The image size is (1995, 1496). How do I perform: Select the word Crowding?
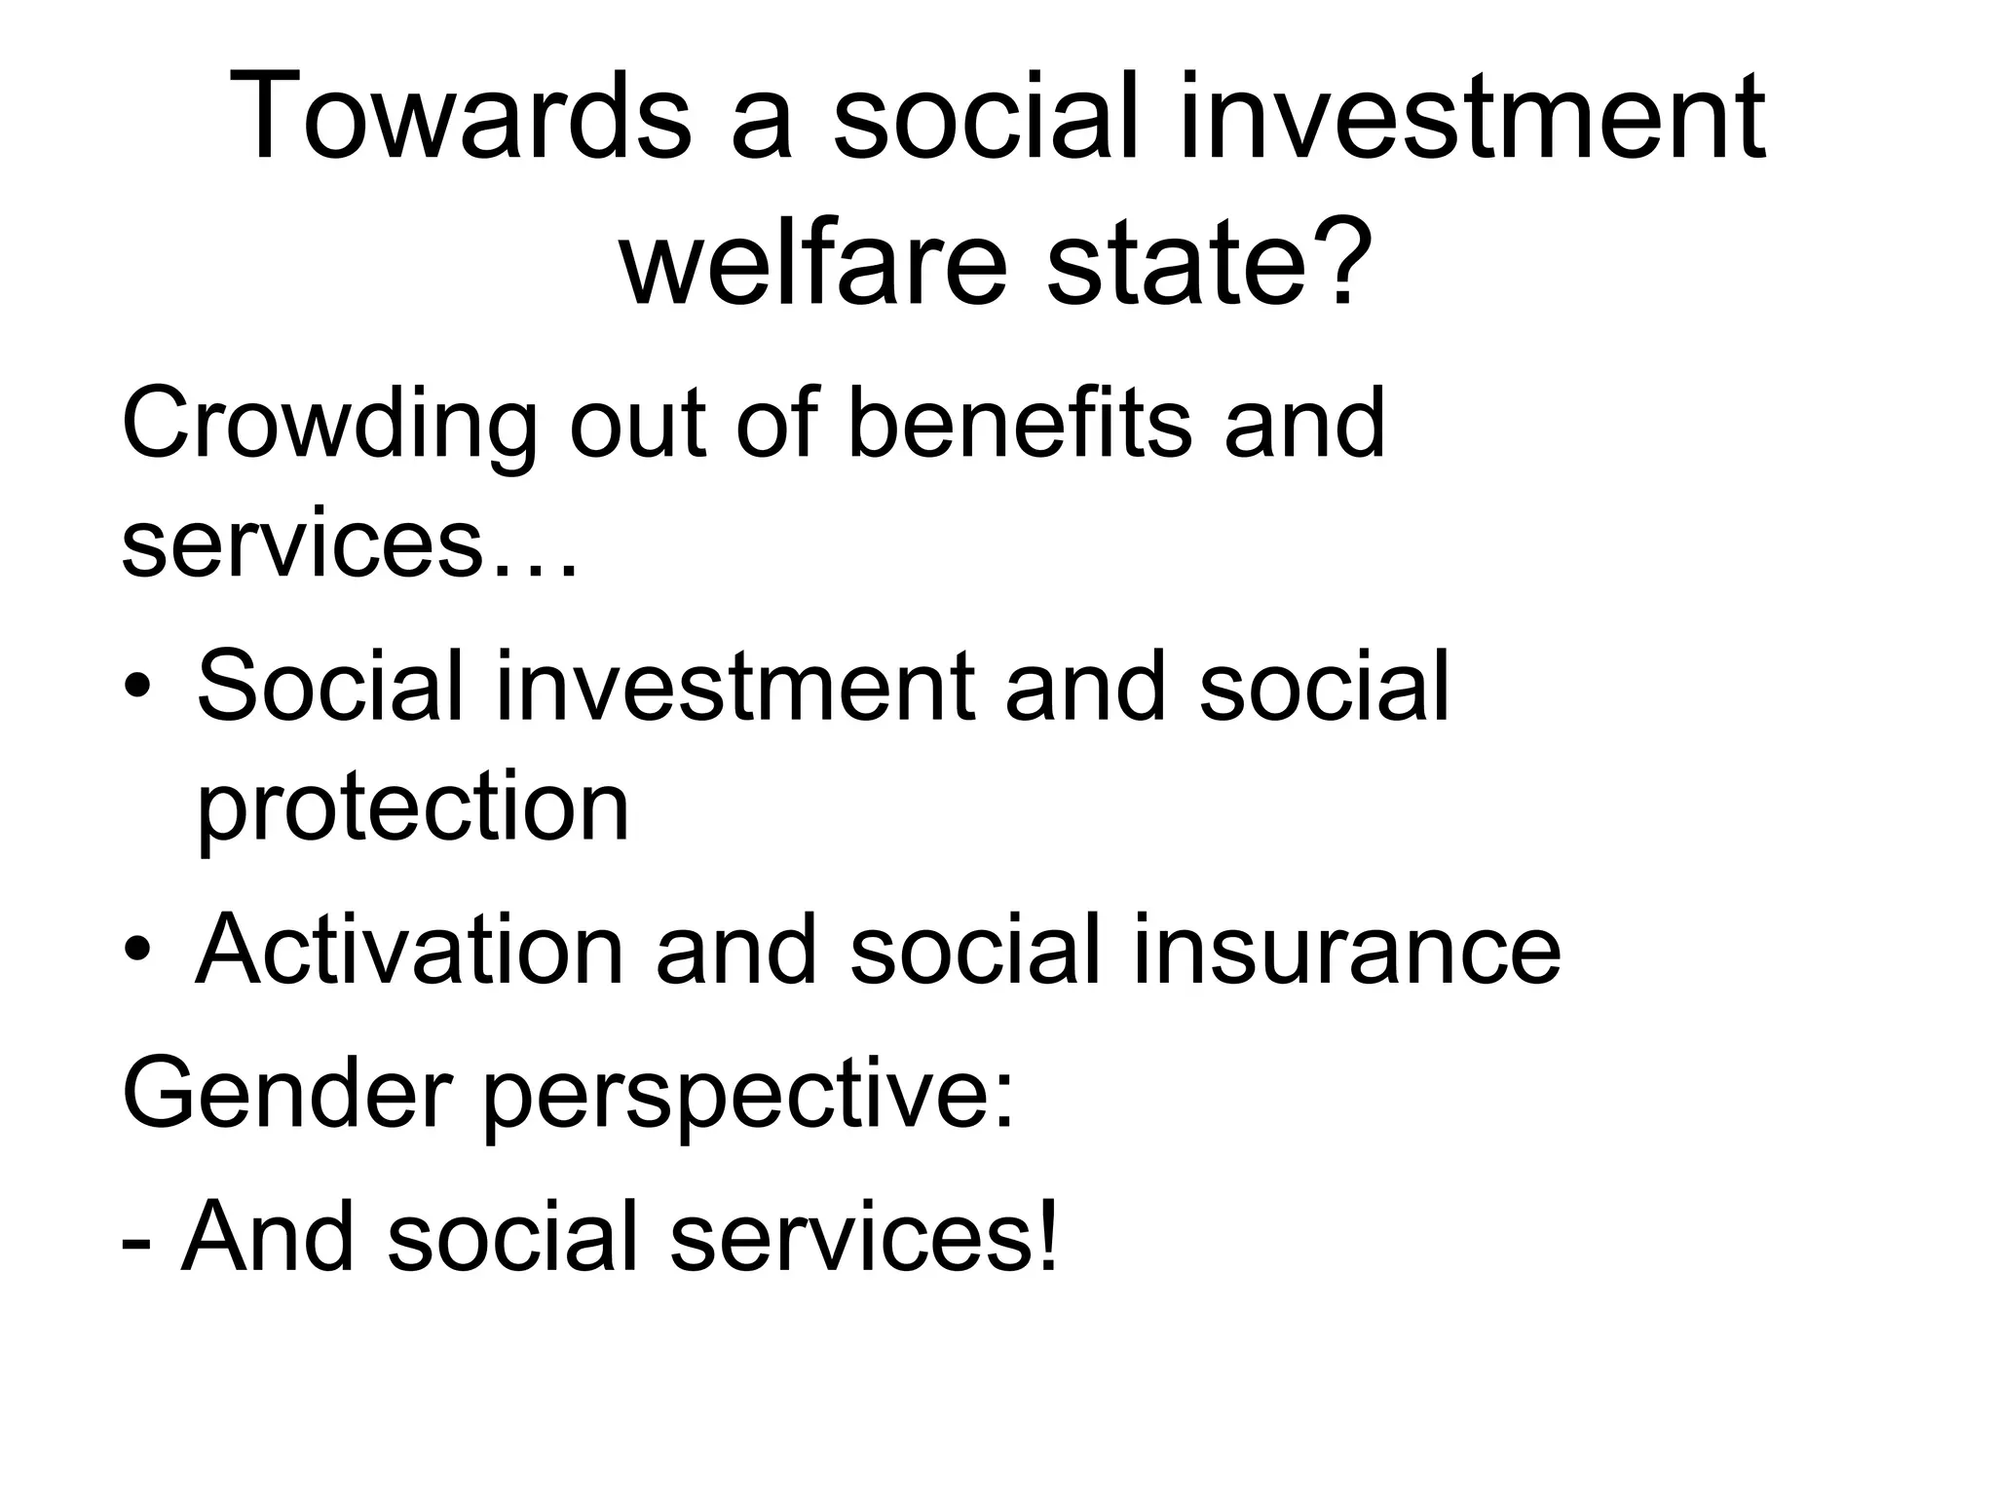pyautogui.click(x=329, y=427)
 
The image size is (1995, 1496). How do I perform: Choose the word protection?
pyautogui.click(x=413, y=808)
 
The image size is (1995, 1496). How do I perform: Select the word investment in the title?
pyautogui.click(x=1472, y=119)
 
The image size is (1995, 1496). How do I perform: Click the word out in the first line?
pyautogui.click(x=637, y=425)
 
